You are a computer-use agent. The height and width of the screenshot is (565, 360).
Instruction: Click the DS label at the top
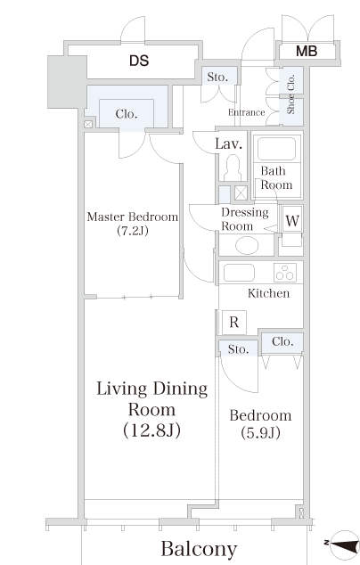[139, 61]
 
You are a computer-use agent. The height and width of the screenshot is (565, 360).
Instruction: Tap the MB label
[307, 51]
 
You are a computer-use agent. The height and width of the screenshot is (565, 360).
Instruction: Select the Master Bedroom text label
[133, 217]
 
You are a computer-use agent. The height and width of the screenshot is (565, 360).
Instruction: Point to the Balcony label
[199, 549]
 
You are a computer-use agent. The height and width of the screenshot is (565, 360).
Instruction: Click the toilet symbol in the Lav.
[233, 168]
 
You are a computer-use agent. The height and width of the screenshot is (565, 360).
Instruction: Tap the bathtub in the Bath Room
[276, 148]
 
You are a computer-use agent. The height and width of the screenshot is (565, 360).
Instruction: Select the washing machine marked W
[292, 219]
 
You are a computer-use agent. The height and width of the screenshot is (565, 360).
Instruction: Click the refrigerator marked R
[234, 322]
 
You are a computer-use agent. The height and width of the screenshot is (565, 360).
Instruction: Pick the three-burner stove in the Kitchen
[285, 273]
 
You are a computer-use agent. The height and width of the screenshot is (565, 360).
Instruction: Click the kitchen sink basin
[239, 273]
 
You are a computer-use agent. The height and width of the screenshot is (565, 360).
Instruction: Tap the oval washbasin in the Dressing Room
[247, 246]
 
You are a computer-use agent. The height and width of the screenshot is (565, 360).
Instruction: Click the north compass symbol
[344, 544]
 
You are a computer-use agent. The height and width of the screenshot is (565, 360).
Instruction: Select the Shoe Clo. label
[290, 94]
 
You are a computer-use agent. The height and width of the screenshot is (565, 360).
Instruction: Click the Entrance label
[247, 112]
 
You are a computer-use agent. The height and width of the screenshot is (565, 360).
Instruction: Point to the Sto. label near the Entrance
[217, 77]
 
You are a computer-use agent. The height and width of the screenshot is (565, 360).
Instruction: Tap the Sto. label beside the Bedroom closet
[238, 349]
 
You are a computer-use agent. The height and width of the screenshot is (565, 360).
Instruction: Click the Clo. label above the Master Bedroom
[127, 114]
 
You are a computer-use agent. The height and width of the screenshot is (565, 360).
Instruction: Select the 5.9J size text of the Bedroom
[260, 433]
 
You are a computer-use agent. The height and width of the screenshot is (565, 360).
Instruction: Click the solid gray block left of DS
[67, 82]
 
